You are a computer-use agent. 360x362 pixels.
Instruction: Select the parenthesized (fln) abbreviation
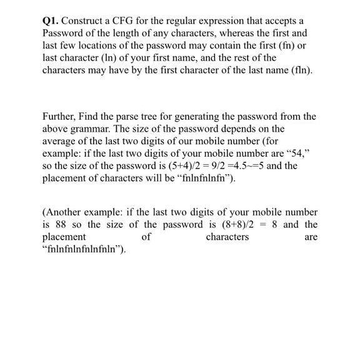coord(299,69)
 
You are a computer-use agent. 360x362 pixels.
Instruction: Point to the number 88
coord(57,225)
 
